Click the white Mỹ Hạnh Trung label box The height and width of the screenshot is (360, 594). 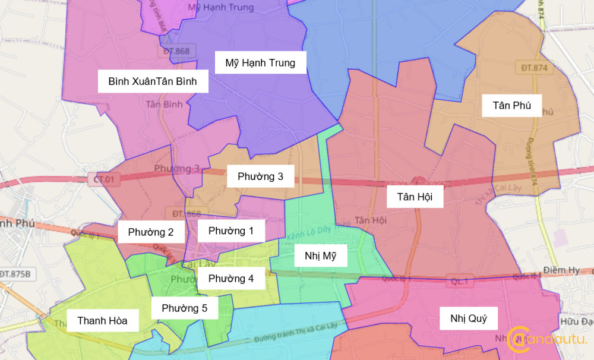click(x=260, y=62)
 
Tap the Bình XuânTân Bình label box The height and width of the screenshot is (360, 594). click(x=153, y=81)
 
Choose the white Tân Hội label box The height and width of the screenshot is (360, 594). click(x=415, y=196)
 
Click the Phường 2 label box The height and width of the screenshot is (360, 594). click(x=151, y=232)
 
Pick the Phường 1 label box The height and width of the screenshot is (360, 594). click(x=231, y=230)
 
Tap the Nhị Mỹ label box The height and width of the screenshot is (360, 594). click(x=321, y=256)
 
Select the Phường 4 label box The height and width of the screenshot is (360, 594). click(x=231, y=278)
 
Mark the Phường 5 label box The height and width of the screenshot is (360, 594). click(x=184, y=308)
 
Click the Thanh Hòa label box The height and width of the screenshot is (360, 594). click(x=102, y=321)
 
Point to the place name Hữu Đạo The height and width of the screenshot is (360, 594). click(x=576, y=321)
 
